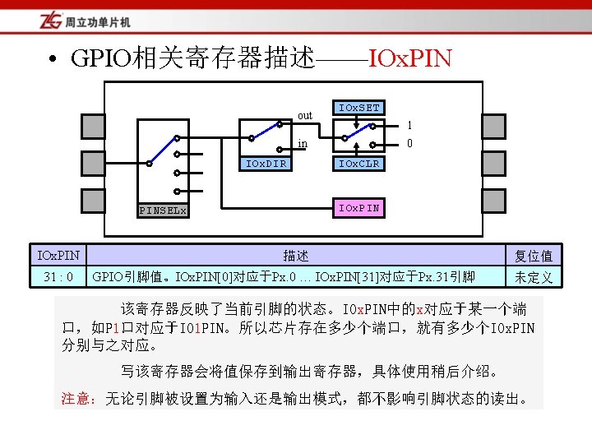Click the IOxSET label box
coord(359,109)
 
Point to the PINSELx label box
coord(163,210)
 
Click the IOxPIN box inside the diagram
coord(359,207)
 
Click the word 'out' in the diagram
coord(304,115)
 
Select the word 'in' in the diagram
coord(303,144)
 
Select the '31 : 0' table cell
coord(58,276)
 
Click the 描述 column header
coord(296,256)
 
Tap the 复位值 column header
coord(534,256)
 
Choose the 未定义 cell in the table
coord(534,277)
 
